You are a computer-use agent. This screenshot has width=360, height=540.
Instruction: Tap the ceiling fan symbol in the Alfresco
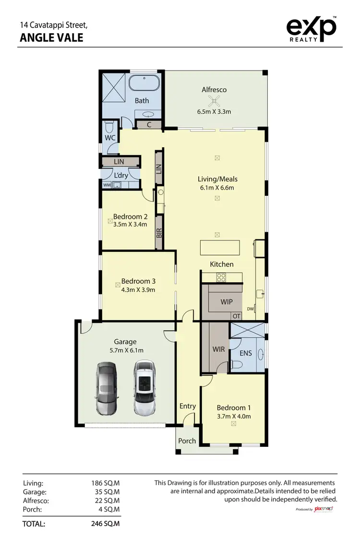214,101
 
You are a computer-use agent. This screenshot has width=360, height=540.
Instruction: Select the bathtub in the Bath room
144,84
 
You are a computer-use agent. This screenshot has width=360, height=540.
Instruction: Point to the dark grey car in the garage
106,388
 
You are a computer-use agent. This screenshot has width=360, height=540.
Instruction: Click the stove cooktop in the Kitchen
221,277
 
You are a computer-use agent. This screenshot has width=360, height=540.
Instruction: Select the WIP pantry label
226,302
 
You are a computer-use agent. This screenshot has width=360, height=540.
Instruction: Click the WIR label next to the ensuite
219,349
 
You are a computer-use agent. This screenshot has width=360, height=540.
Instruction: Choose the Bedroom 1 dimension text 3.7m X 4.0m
234,416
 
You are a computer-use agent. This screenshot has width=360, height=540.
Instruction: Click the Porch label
187,441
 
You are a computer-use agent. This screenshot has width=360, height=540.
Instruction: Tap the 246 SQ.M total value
105,524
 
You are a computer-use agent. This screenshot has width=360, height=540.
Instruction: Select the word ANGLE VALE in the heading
51,37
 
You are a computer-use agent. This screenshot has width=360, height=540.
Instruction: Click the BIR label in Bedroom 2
159,233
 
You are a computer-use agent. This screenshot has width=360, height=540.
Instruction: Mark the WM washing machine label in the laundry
106,184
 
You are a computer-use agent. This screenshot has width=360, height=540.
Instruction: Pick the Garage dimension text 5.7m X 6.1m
125,350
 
